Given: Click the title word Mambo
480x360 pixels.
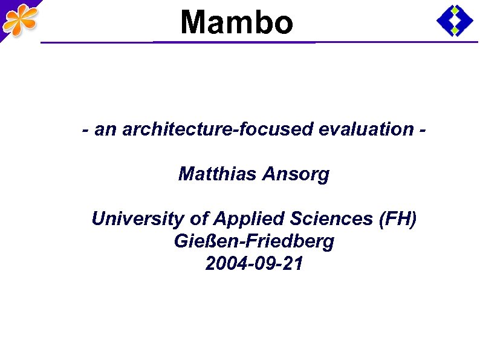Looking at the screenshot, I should tap(236, 23).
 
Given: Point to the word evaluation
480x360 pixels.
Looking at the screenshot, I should tap(373, 129).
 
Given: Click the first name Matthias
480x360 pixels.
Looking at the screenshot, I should tap(218, 175).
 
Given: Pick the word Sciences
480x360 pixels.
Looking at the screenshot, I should tap(323, 218).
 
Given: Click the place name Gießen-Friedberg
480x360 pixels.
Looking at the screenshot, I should tap(254, 241).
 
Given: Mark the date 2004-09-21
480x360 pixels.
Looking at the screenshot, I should tap(254, 264).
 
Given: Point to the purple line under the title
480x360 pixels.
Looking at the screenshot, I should tap(242, 42).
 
